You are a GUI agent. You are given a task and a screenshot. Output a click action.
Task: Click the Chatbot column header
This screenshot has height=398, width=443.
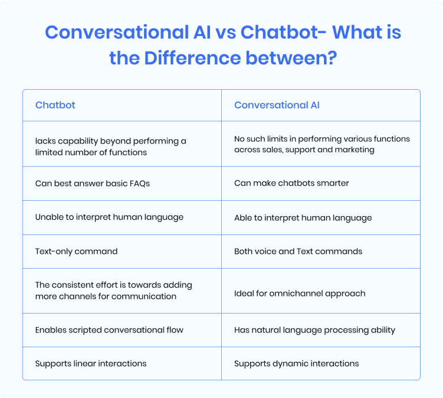coord(55,105)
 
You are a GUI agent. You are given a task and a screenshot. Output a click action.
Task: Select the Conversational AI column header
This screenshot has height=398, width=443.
coord(277,105)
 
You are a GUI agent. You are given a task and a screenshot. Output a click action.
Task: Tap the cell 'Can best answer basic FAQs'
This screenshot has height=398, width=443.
coord(93,183)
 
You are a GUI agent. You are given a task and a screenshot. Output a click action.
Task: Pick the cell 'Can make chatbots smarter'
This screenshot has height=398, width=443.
coord(291,183)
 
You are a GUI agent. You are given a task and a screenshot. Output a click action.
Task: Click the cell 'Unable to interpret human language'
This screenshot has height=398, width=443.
coord(109,217)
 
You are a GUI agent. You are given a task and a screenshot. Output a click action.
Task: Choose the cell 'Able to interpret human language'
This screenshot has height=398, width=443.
coord(303,217)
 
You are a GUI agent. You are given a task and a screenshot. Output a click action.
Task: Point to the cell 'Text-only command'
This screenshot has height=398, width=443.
coord(76,251)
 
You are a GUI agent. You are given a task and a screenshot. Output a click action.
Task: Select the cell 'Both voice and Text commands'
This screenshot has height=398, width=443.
coord(298,251)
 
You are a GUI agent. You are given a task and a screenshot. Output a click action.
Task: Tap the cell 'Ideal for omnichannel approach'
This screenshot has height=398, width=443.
coord(300,293)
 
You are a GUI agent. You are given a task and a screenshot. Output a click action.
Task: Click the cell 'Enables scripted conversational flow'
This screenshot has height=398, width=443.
coord(109,330)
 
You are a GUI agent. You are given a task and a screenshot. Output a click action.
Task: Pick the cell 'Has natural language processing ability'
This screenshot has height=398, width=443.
coord(314,330)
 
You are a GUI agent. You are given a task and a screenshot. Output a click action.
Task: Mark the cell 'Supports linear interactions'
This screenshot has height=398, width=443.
coord(91,363)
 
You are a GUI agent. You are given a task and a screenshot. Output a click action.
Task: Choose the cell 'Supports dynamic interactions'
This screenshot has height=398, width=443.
coord(296,363)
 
